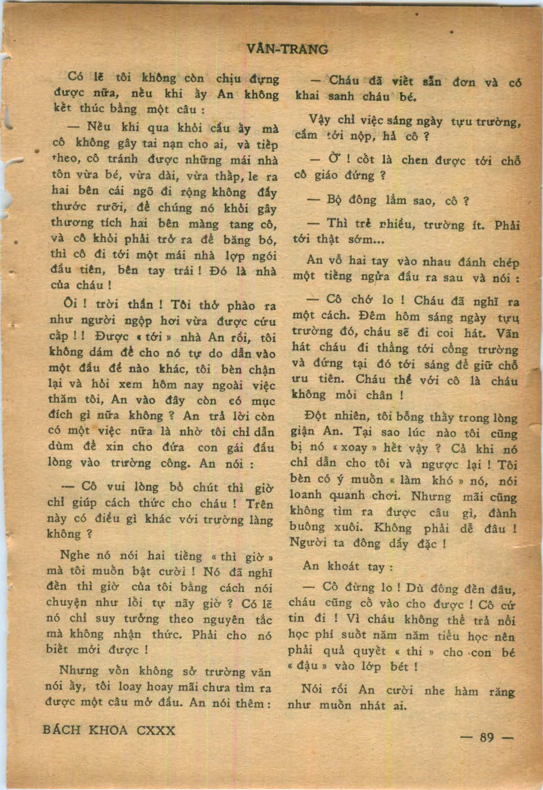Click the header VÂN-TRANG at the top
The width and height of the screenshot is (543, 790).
pos(288,49)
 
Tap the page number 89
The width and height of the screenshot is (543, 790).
pos(487,737)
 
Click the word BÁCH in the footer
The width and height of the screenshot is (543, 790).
pos(61,730)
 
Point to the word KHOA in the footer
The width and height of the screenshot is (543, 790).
pos(108,730)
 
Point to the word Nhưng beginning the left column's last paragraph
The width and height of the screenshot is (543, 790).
pos(79,670)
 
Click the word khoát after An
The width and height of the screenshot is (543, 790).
pos(344,566)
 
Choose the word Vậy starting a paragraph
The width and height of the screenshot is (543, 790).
pos(320,120)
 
